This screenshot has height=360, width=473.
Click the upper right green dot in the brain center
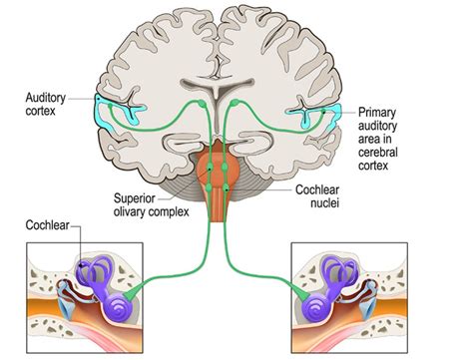(x=235, y=102)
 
